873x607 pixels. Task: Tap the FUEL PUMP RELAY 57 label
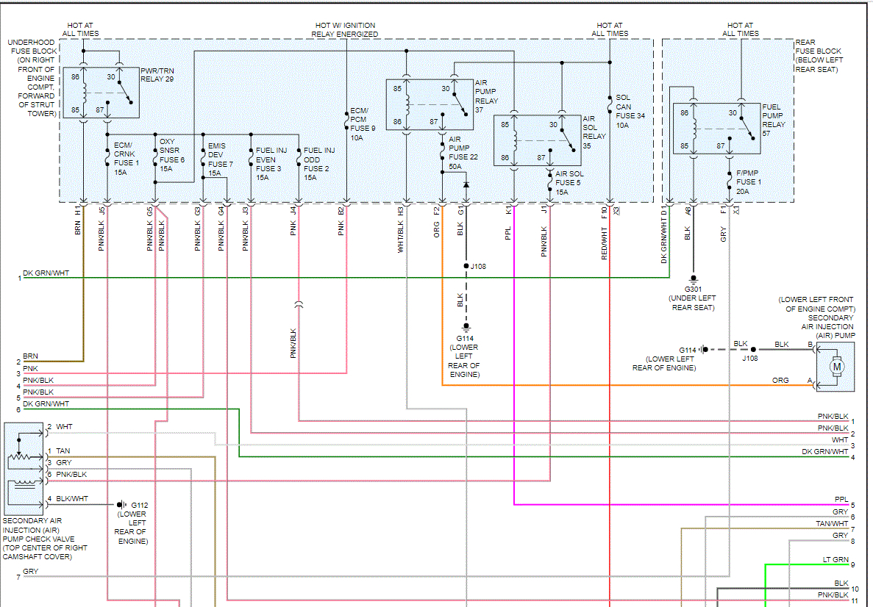point(773,120)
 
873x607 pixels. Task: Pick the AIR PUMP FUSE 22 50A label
point(460,151)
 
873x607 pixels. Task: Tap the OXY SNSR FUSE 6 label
point(171,156)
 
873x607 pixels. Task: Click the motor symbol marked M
point(836,365)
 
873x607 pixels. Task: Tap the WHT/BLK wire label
point(401,240)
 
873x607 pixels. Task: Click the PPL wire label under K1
point(508,234)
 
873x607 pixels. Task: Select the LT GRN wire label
point(835,560)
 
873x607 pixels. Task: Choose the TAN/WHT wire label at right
point(832,524)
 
